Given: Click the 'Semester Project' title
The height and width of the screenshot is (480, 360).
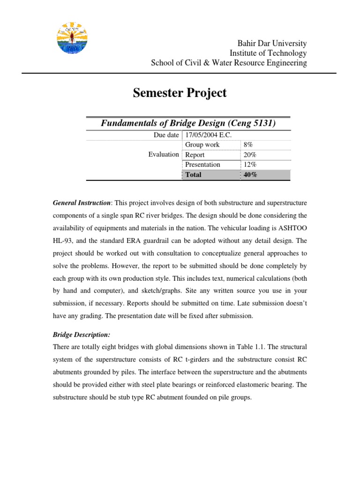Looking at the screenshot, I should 180,93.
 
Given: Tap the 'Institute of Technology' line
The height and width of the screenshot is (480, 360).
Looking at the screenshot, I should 268,53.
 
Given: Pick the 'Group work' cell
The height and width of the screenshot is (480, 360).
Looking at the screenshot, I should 202,145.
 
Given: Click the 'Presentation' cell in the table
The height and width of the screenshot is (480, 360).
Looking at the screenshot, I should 202,165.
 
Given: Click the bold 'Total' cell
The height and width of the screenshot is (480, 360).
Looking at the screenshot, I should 194,175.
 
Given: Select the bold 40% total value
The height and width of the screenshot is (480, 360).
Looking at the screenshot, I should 250,175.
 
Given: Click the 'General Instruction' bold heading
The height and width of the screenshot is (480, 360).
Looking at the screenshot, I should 81,202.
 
